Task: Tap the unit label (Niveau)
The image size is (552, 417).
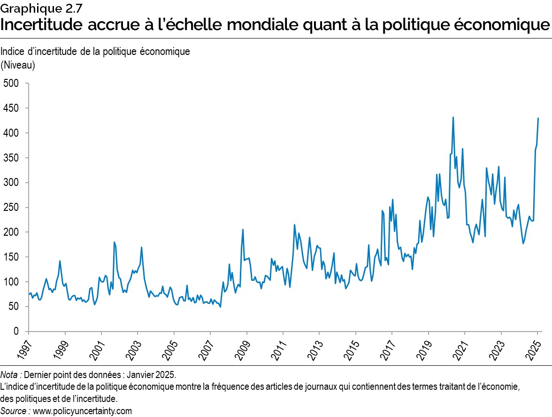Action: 18,65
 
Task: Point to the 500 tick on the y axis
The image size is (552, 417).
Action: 10,84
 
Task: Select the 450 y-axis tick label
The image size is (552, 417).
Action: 10,108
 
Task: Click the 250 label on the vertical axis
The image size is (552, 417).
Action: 10,208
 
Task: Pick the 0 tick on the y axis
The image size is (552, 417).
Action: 15,332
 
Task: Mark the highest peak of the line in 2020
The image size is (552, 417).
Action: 453,117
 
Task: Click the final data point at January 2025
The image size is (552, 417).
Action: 538,118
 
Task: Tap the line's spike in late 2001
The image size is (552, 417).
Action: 115,242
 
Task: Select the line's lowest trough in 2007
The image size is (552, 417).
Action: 221,307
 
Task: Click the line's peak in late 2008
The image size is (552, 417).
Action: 243,230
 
